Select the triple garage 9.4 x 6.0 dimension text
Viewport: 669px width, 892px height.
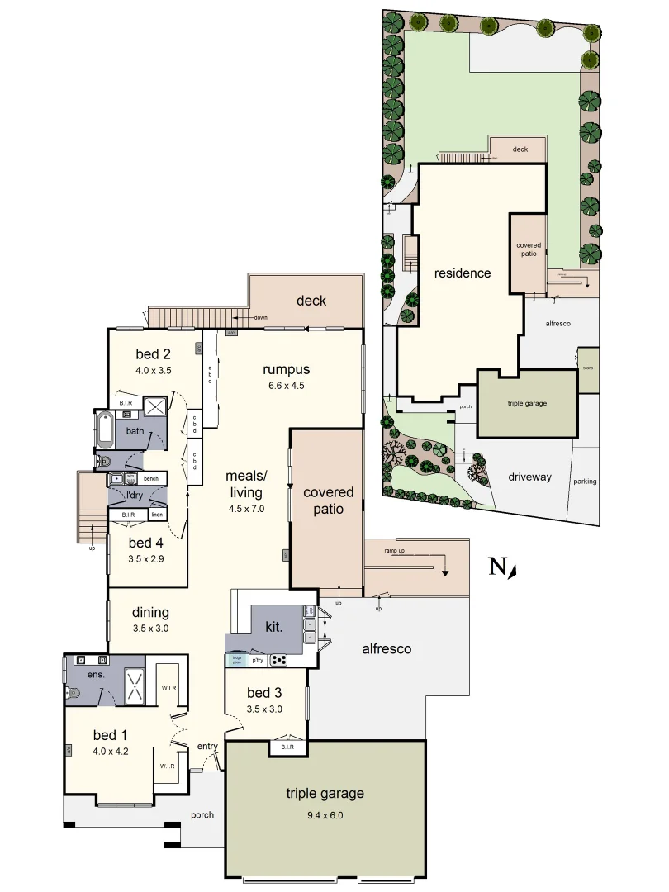[x=325, y=814]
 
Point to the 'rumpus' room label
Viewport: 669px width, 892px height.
[x=286, y=369]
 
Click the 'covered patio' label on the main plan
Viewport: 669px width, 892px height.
[x=328, y=501]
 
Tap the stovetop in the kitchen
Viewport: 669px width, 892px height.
[x=278, y=660]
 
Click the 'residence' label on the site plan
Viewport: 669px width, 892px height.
[x=463, y=273]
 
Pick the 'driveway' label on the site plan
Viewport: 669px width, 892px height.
[x=529, y=477]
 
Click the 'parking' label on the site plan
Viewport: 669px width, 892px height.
[x=585, y=482]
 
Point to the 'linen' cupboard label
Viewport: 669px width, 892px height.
[x=156, y=515]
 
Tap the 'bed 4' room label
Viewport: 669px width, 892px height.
[x=145, y=543]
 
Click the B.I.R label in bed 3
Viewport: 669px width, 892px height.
[x=287, y=748]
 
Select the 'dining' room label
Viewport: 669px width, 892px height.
[x=150, y=612]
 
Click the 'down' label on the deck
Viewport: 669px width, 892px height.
[x=260, y=317]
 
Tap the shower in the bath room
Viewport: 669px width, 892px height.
[x=153, y=405]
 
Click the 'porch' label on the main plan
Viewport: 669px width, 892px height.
[x=202, y=815]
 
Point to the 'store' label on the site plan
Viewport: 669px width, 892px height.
[x=587, y=368]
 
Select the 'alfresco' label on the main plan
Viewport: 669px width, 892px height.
[x=387, y=649]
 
